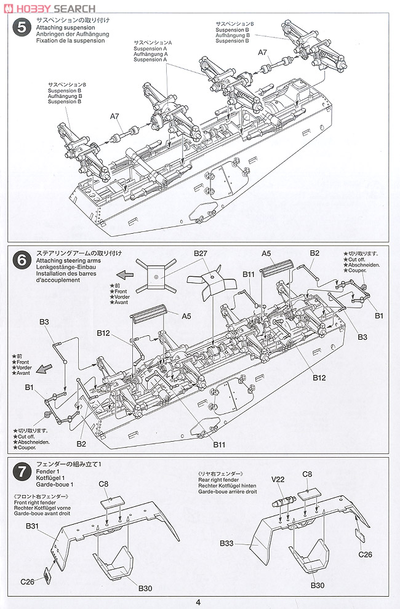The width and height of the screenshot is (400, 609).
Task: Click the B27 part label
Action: pos(201,253)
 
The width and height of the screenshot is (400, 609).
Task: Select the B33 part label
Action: pos(228,543)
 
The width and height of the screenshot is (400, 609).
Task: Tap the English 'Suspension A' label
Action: pos(150,47)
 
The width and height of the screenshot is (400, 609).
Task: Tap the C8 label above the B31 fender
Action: pos(104,484)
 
